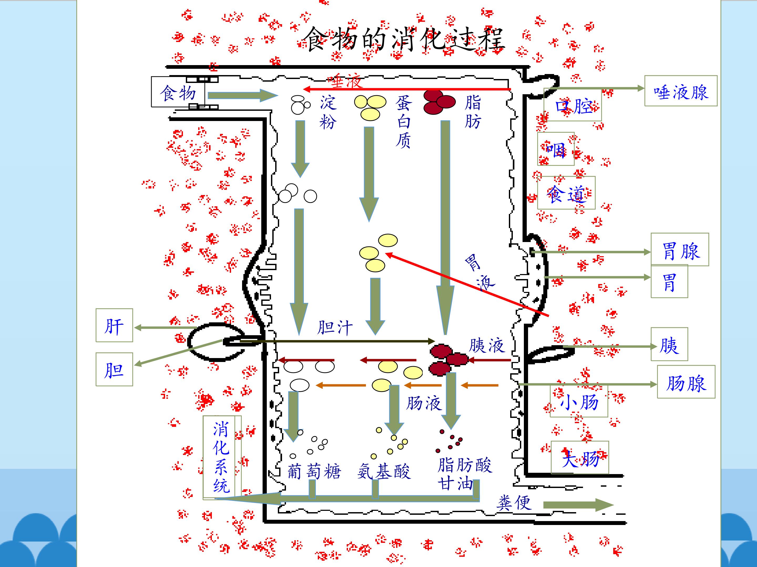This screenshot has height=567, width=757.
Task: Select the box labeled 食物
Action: tap(178, 92)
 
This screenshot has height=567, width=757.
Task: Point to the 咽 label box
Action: tap(555, 149)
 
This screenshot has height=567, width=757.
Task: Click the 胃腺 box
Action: tap(679, 249)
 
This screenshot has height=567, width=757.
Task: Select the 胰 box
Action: tap(669, 344)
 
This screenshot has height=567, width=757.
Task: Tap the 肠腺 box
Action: tap(686, 382)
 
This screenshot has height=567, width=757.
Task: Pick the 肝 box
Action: tap(114, 325)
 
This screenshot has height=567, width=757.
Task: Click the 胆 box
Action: tap(114, 369)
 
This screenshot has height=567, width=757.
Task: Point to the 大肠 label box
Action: tap(580, 457)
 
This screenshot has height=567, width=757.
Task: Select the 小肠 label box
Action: tap(579, 401)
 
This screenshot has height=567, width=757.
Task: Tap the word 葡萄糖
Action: tap(314, 471)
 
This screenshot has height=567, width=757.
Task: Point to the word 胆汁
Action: tap(334, 327)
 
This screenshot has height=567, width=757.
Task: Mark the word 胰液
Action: tap(486, 345)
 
